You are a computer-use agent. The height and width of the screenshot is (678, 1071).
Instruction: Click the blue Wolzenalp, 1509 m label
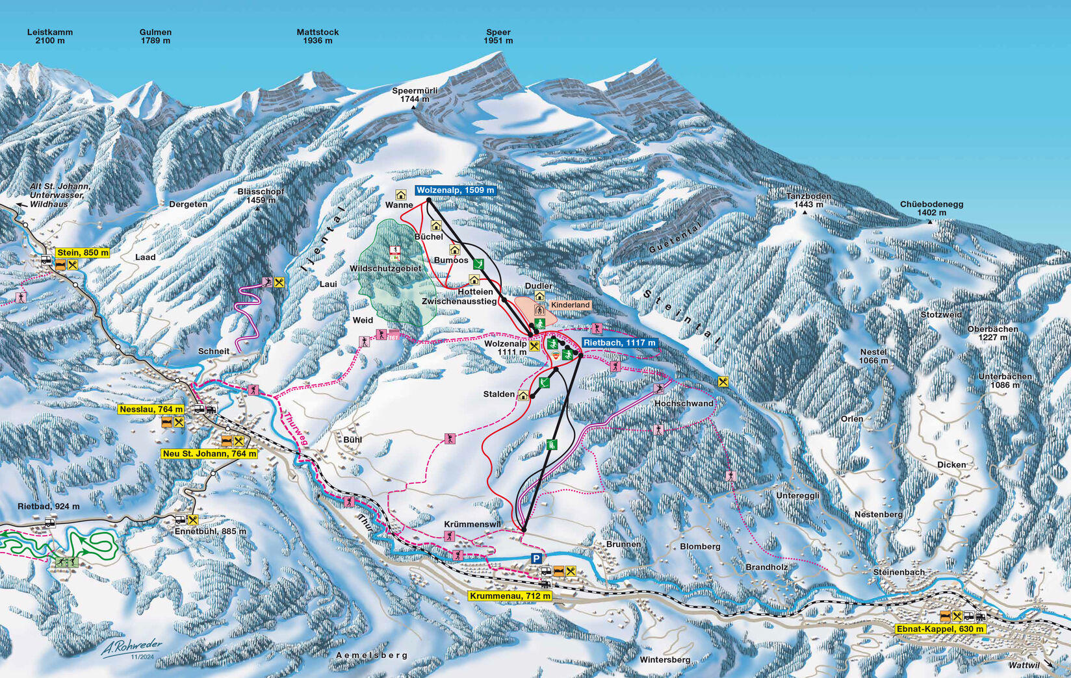point(456,190)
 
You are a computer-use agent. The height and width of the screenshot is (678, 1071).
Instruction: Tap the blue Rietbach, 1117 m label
point(619,343)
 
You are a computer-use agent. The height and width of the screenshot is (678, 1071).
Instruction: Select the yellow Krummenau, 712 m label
point(510,596)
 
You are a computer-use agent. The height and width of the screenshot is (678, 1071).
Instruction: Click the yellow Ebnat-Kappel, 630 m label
point(940,629)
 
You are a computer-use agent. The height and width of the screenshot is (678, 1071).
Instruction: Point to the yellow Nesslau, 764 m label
point(151,409)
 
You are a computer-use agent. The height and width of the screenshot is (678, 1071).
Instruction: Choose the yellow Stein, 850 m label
point(83,253)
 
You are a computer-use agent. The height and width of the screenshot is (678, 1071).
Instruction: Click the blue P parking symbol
point(536,559)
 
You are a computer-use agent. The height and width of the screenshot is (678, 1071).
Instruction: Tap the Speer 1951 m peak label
point(498,36)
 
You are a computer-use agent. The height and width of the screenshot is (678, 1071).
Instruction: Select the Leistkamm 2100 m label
point(50,36)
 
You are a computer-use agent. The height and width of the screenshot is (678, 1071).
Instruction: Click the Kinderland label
point(570,305)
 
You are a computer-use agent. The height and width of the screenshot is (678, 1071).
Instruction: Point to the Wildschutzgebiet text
point(385,268)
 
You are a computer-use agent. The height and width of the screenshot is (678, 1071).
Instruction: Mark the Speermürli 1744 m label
point(415,95)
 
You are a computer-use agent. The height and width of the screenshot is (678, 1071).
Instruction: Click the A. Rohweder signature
point(132,647)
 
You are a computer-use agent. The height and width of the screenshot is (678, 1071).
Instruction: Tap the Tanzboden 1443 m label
point(808,200)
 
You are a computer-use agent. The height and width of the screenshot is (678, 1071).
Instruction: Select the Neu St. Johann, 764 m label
point(209,453)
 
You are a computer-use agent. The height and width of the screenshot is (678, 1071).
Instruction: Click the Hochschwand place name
point(684,403)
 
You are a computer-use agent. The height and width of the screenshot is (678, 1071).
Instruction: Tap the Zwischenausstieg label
point(459,301)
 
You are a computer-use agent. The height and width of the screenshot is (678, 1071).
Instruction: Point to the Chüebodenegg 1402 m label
point(931,208)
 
